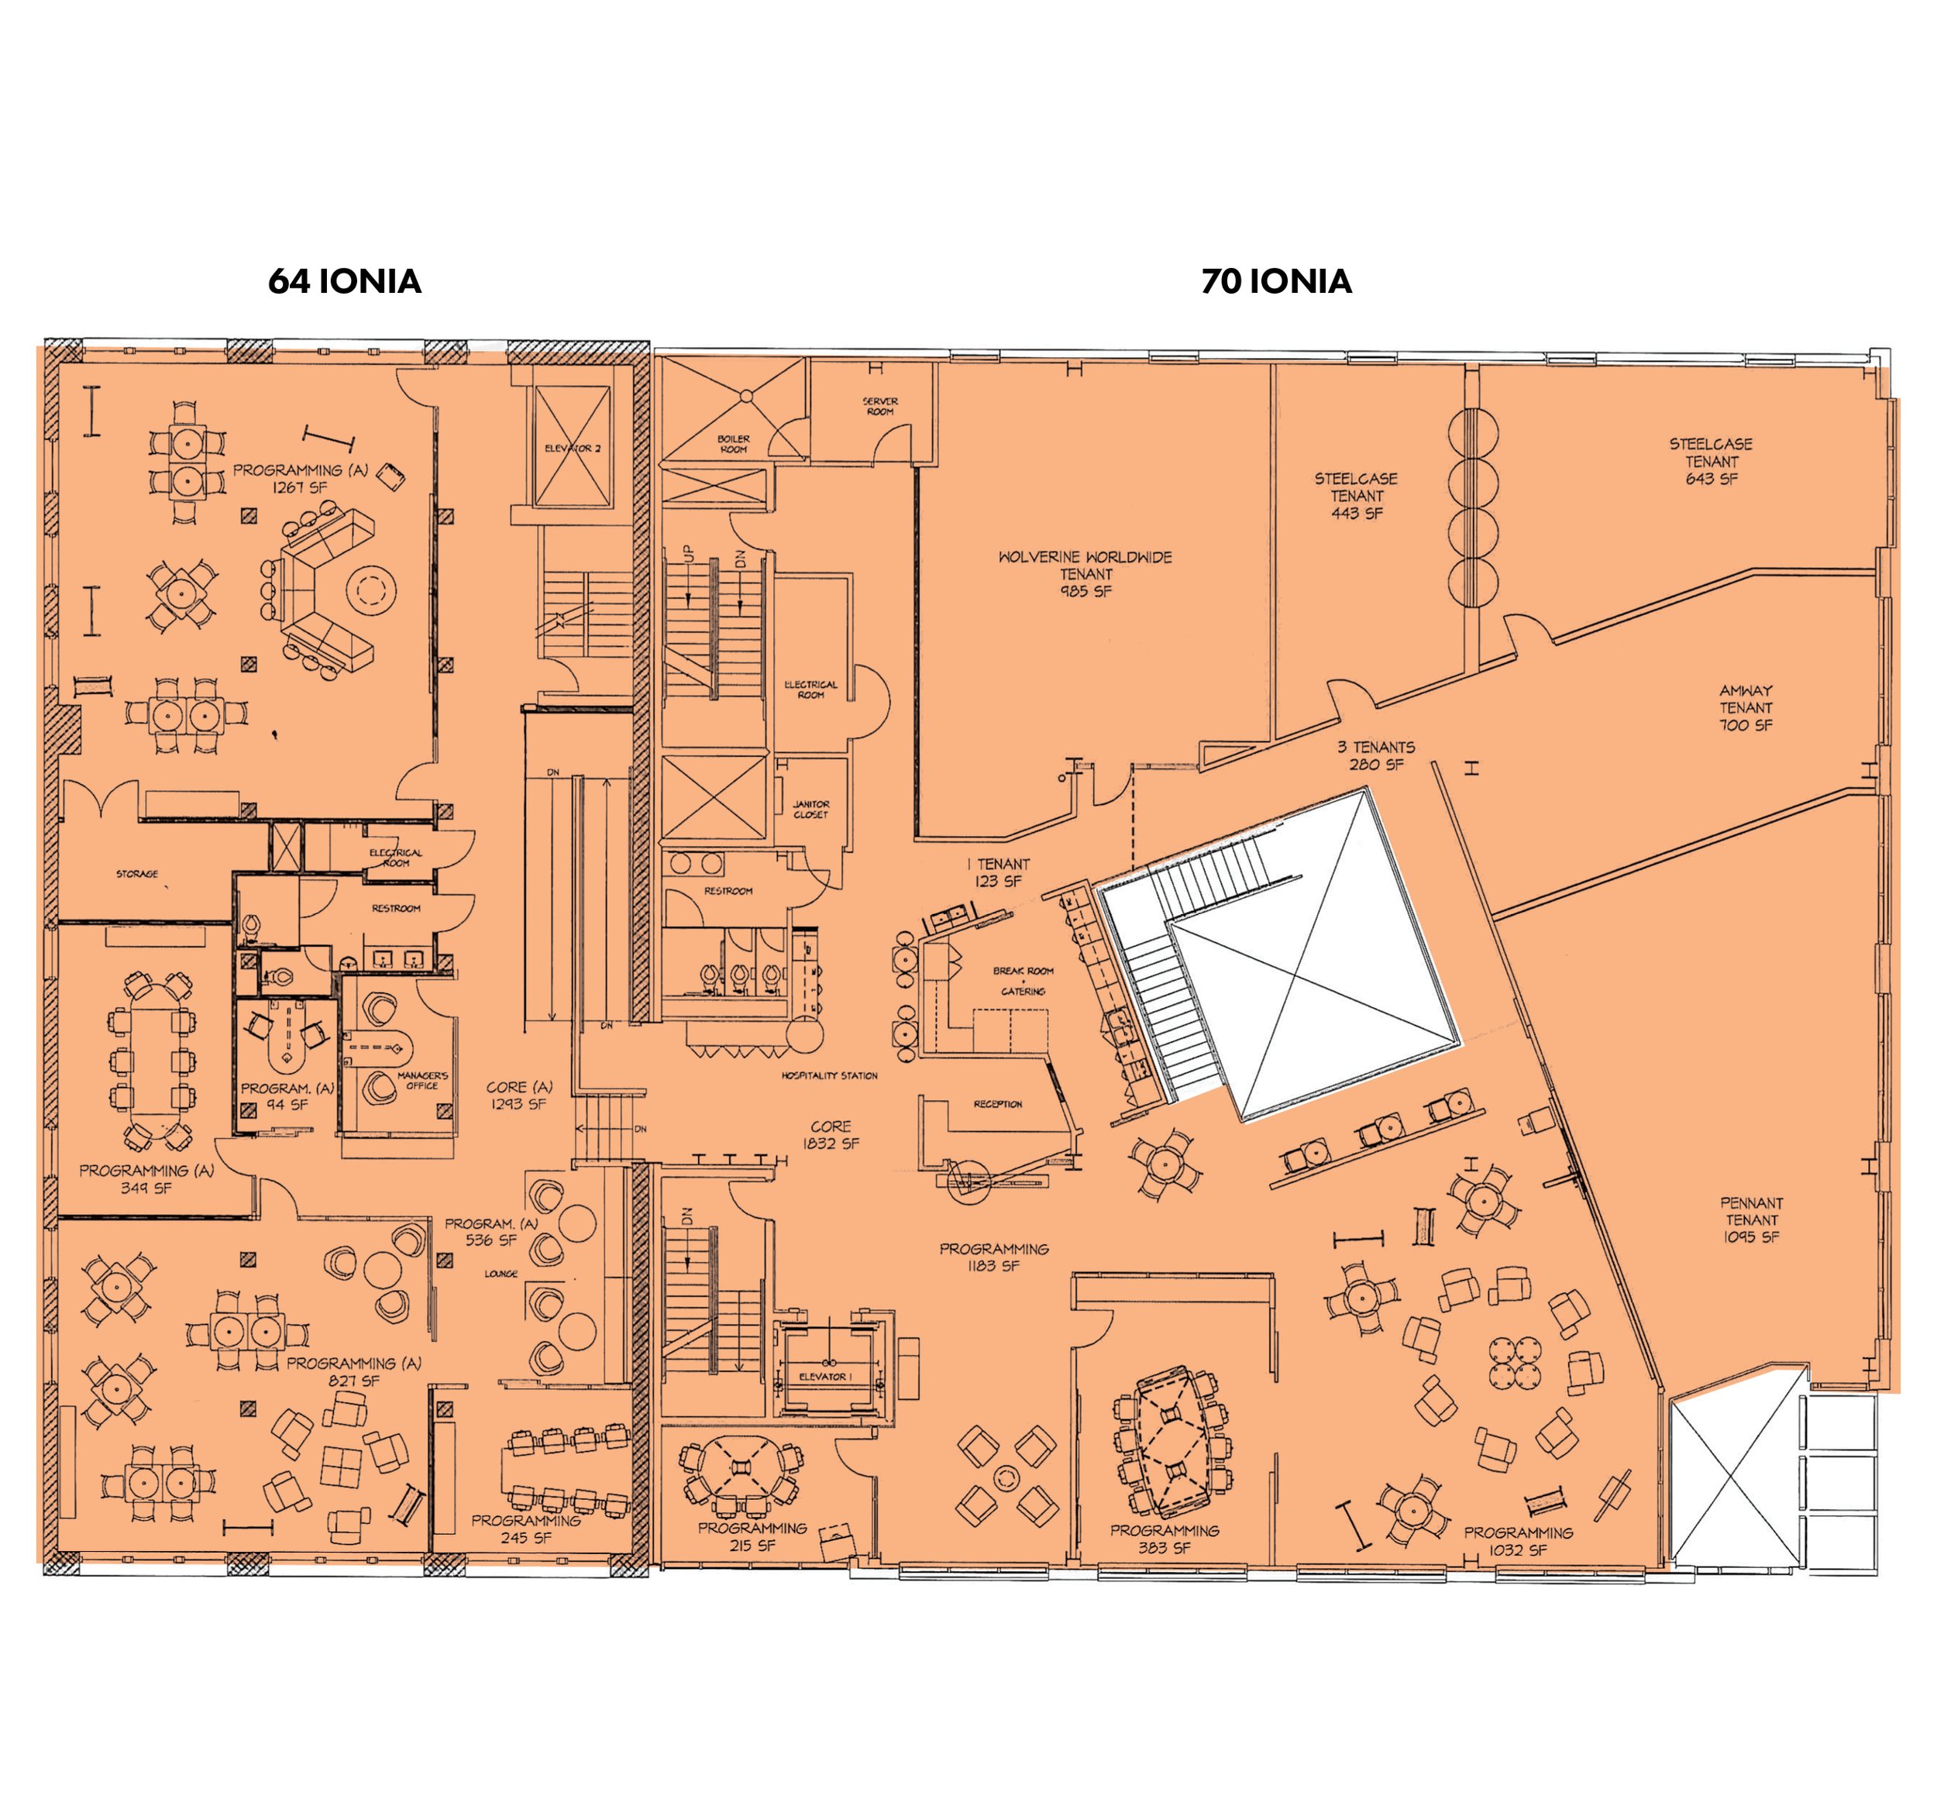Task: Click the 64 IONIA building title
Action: [344, 281]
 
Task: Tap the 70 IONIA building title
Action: [1275, 281]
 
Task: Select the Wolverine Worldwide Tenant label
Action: [1085, 574]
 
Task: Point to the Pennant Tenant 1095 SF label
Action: [1751, 1219]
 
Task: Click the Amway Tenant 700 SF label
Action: [1745, 708]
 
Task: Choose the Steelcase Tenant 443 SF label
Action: [1355, 496]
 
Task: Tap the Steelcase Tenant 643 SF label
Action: [1711, 461]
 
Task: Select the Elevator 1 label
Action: [825, 1377]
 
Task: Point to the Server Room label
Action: [880, 406]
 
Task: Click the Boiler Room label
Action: [734, 444]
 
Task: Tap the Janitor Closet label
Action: [810, 810]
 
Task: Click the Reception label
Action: [998, 1104]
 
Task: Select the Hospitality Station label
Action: [829, 1075]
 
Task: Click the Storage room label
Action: [136, 874]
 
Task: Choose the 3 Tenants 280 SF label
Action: [1376, 756]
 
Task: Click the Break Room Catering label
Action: [1023, 981]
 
